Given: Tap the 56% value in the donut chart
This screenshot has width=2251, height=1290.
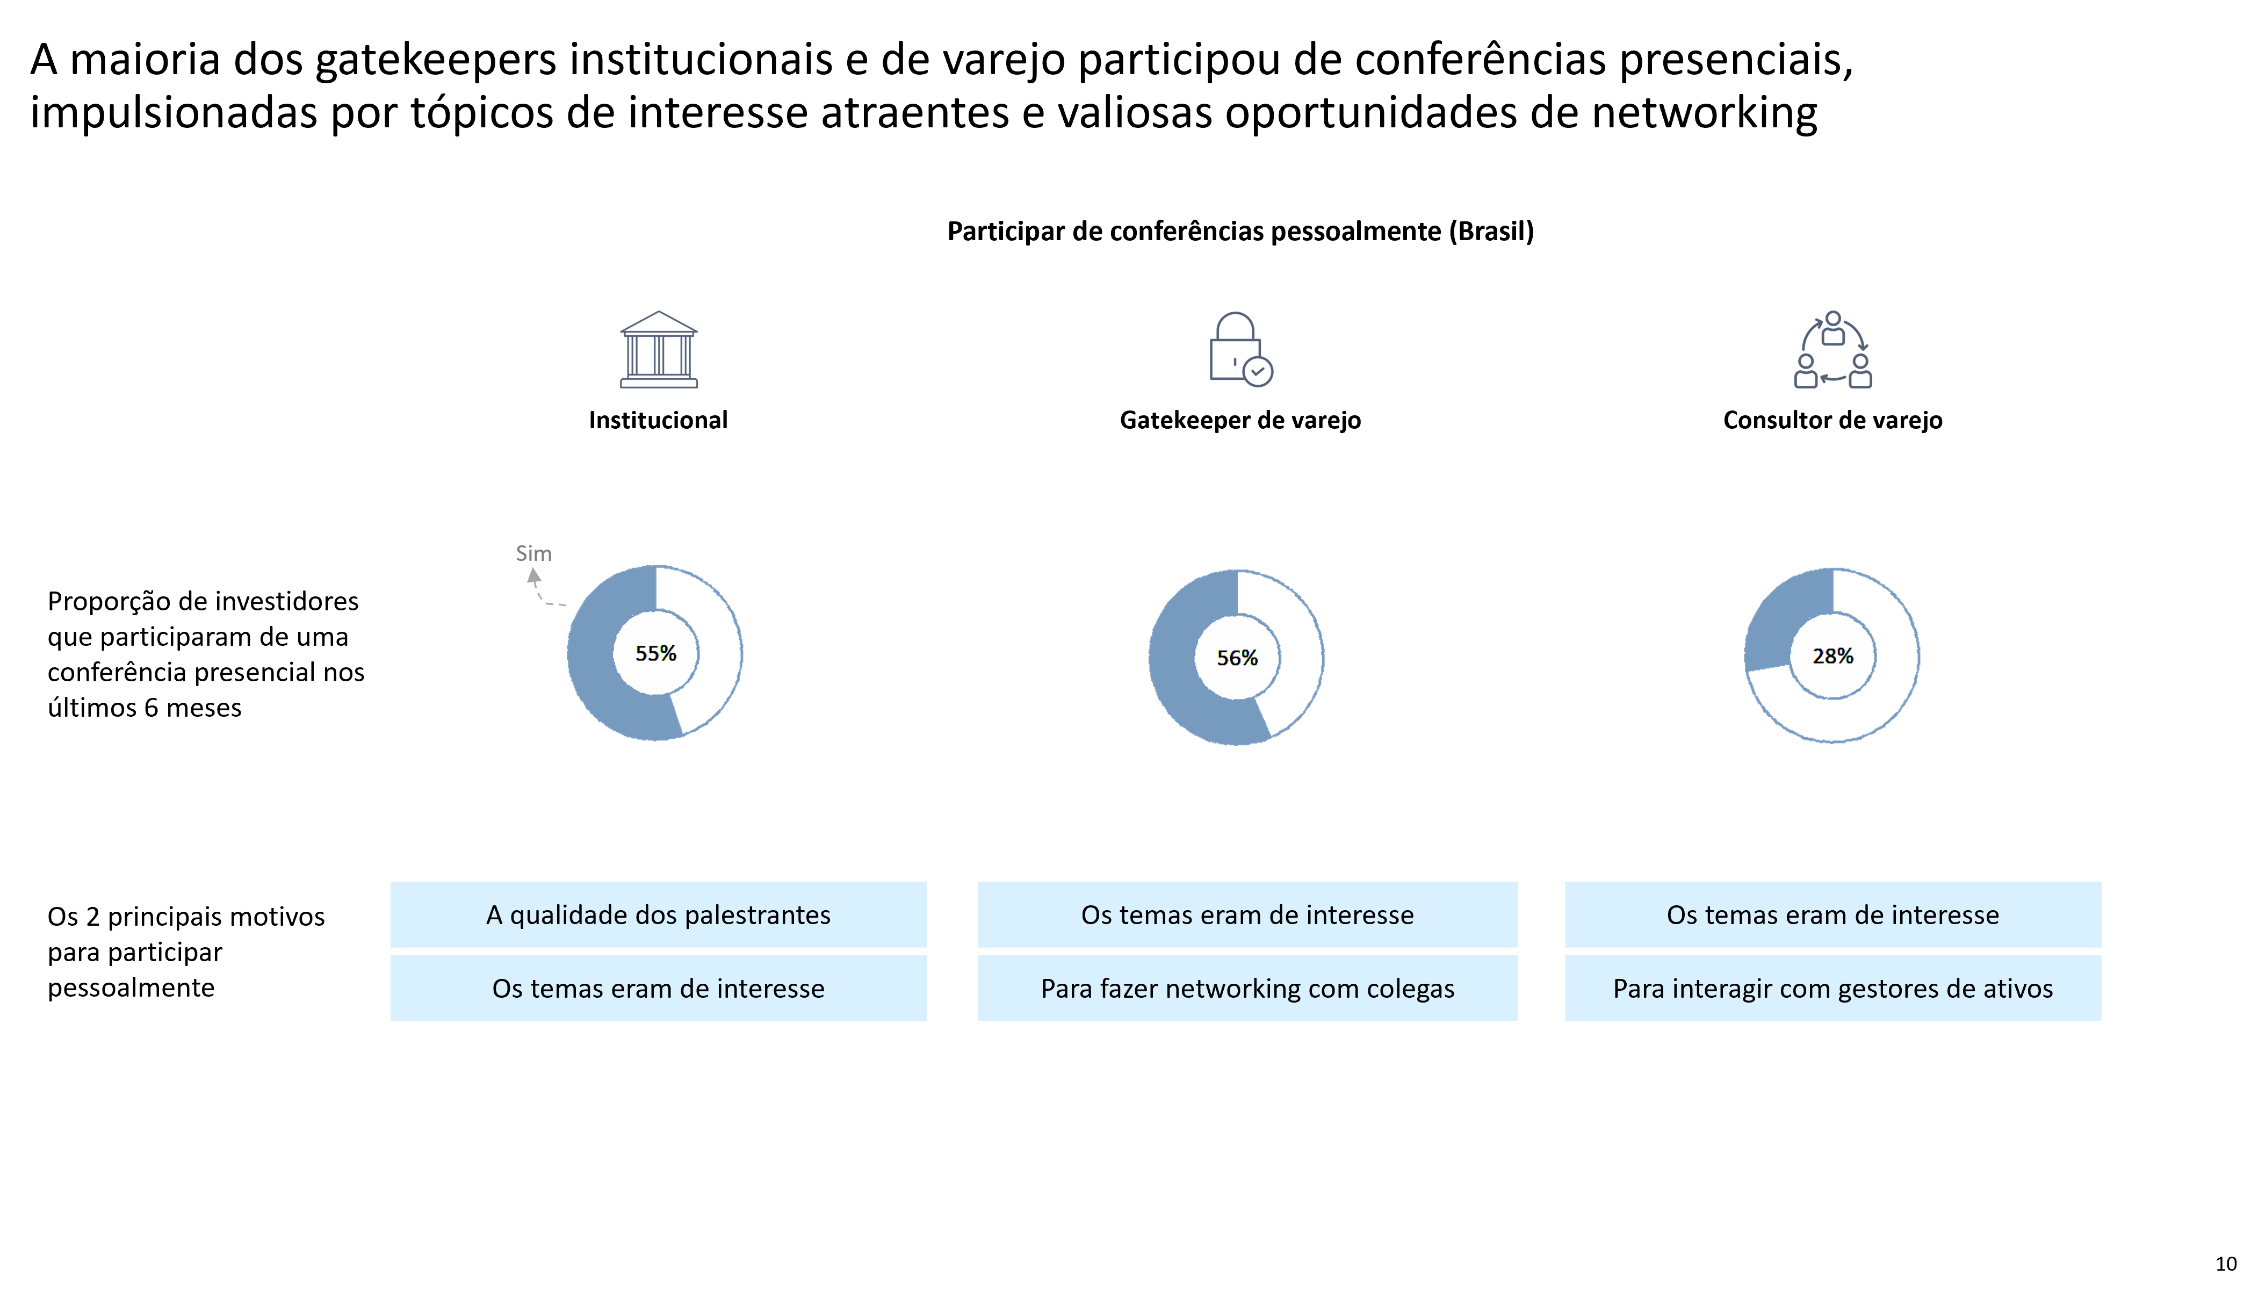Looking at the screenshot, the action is coord(1237,658).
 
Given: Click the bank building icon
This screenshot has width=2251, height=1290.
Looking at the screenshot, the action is coord(658,349).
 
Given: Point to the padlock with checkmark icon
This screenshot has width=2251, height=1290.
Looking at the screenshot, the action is coord(1240,349).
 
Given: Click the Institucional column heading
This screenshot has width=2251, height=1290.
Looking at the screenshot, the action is coord(658,420).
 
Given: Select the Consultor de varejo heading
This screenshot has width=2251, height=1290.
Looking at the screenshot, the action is coord(1832,420).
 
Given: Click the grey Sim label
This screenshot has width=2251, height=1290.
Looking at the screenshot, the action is coord(533,554).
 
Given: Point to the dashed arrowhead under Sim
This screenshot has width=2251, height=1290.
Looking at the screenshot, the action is coord(534,576).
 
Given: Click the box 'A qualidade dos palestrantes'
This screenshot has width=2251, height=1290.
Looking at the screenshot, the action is coord(658,914).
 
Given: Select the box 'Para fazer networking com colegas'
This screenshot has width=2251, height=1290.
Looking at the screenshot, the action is coord(1247,988).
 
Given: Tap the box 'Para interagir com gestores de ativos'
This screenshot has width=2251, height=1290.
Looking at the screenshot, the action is coord(1832,988).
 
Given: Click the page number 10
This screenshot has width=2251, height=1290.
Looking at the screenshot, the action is coord(2225,1264).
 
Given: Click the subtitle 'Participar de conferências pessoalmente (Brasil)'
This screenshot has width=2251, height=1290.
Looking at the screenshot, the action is coord(1240,231).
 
